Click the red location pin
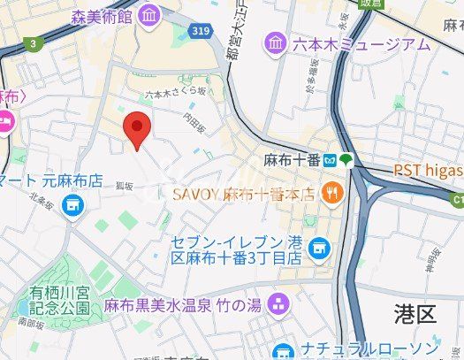(x=135, y=130)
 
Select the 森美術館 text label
(x=103, y=15)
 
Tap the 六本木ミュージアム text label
(x=362, y=44)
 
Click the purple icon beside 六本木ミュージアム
(x=277, y=42)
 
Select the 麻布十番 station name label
(x=292, y=160)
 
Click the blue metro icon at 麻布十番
(x=330, y=160)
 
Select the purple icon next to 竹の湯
(x=280, y=304)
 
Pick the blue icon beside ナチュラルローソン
(x=282, y=350)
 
